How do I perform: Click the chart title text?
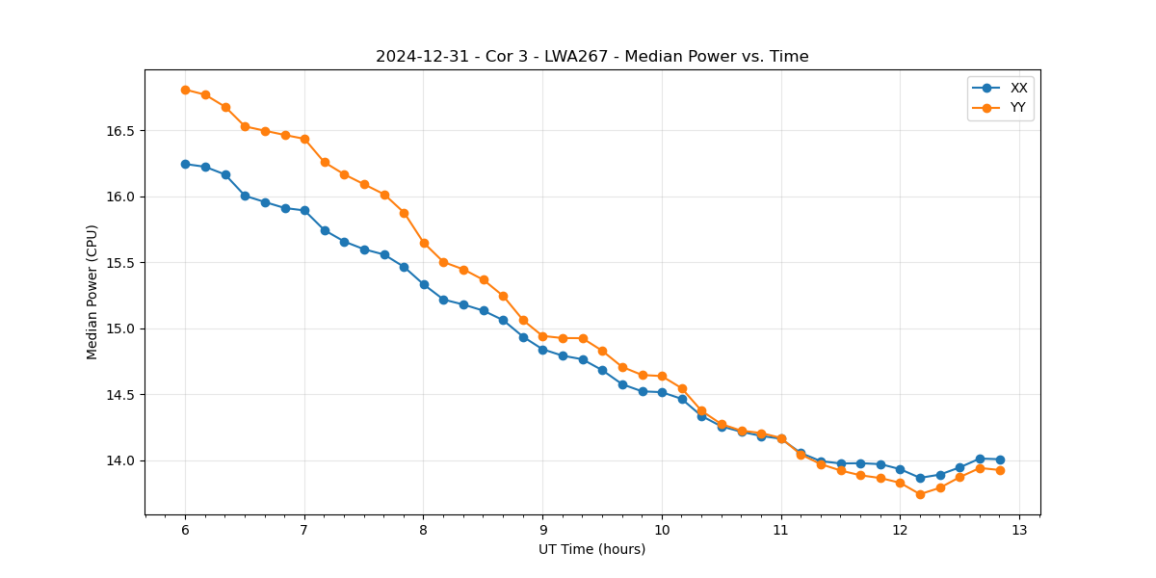tap(591, 57)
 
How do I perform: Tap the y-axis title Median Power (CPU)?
tap(92, 292)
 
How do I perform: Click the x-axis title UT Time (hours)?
tap(591, 549)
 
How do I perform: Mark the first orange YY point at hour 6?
tap(185, 90)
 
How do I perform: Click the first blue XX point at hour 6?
tap(185, 164)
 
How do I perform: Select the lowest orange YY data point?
tap(920, 494)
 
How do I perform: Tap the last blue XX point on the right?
tap(1000, 460)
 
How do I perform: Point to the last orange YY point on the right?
tap(1000, 470)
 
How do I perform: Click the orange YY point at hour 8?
tap(424, 243)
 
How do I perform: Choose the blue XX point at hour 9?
tap(542, 350)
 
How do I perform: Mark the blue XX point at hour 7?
tap(304, 210)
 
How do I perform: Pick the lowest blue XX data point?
tap(920, 478)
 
